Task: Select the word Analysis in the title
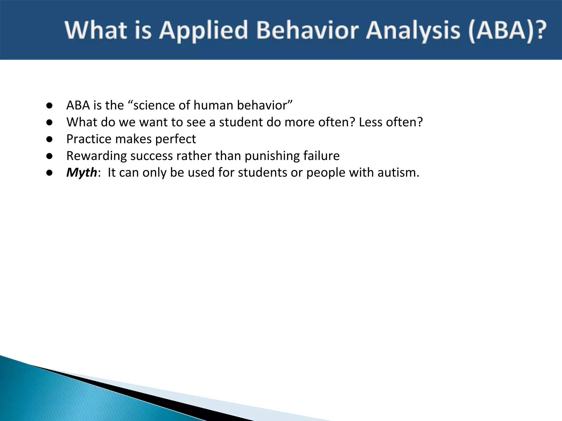point(413,31)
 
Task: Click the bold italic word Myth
point(82,173)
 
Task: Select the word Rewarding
point(97,156)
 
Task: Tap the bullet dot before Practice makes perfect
point(49,139)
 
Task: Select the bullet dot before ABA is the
point(49,106)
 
